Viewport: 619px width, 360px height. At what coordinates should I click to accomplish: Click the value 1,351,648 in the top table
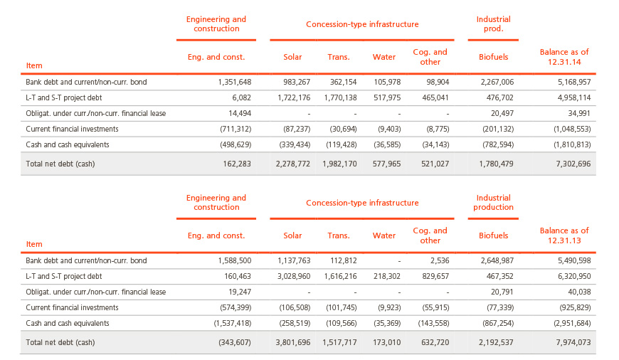235,82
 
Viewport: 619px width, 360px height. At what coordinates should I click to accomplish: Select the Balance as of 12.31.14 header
564,57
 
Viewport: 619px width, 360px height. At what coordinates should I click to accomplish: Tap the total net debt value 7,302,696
573,164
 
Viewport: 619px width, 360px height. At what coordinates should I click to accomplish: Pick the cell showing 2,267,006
497,82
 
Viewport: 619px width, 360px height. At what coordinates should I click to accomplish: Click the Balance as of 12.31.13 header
564,235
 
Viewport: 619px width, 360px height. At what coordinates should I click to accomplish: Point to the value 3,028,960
294,276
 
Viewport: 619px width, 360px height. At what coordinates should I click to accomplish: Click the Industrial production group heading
494,202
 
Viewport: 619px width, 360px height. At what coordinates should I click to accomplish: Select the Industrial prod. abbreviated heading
494,23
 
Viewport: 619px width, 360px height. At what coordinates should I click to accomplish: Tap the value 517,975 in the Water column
387,97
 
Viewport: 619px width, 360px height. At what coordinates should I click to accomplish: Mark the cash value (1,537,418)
233,323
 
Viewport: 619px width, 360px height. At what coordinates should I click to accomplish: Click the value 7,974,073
573,343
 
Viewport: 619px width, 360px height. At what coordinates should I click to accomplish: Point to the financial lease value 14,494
240,113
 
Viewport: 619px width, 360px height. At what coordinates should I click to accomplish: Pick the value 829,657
435,276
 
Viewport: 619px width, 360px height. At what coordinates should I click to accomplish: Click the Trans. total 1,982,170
339,164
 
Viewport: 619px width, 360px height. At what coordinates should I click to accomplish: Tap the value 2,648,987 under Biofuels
497,260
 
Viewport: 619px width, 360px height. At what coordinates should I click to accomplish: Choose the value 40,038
579,292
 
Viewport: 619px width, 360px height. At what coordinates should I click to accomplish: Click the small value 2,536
440,260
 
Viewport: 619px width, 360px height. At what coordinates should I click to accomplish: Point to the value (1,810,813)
572,144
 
